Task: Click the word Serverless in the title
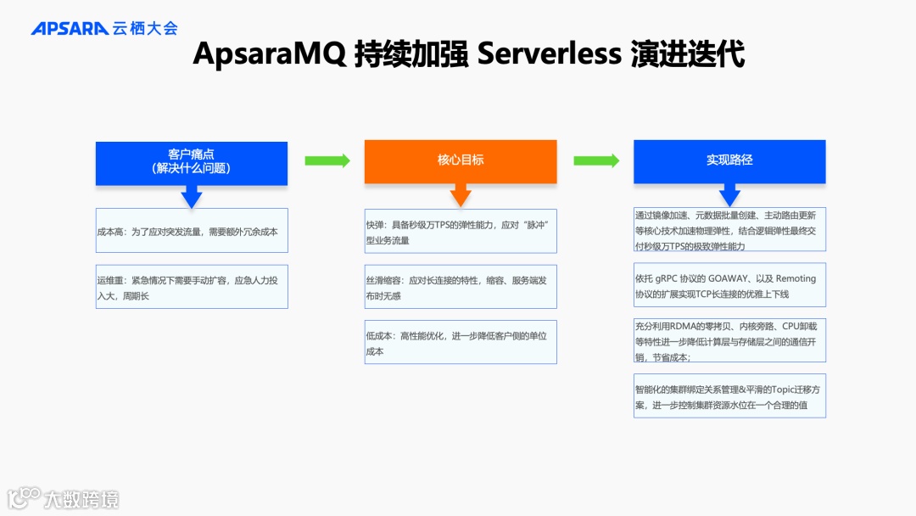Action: pos(550,54)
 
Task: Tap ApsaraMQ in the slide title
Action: pos(269,54)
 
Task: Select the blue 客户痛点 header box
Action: pos(191,161)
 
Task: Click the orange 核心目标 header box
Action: pos(461,160)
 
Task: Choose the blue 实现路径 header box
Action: pos(729,160)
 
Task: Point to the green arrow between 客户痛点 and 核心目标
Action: pos(327,160)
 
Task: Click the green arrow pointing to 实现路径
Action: pos(596,160)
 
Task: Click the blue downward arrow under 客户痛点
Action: pos(192,197)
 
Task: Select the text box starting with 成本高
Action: pos(192,231)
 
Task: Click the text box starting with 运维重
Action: pos(192,287)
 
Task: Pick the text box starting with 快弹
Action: pos(461,232)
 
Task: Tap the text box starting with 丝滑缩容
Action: pos(461,287)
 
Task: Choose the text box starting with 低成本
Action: pos(461,343)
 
